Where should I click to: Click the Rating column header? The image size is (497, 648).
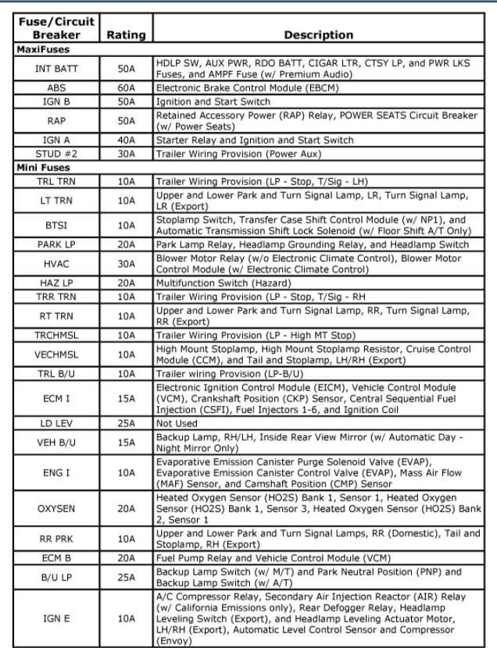(126, 34)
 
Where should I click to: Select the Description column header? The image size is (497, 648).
(318, 34)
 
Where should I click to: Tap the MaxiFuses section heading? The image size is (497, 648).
(45, 49)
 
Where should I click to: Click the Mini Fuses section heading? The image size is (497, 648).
(44, 167)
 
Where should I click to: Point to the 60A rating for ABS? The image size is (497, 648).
(126, 88)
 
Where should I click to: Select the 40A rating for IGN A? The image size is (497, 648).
(126, 141)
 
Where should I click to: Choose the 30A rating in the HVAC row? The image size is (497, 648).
(126, 264)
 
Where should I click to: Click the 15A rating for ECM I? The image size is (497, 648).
(126, 398)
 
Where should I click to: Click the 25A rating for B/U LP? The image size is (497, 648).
(126, 578)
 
